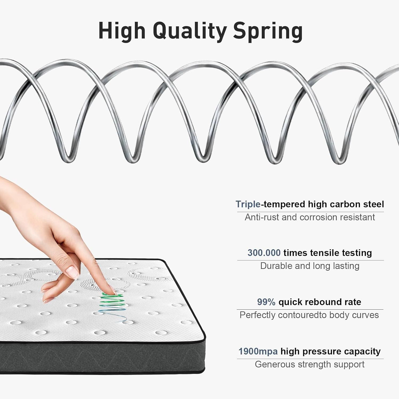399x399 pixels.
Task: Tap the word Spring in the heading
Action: (x=268, y=31)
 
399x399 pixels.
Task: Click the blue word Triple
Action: (x=248, y=204)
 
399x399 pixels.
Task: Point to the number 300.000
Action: (x=264, y=253)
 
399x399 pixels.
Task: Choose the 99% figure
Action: (x=266, y=302)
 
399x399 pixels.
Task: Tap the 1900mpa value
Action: (x=258, y=351)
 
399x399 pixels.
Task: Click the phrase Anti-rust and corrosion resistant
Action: (x=310, y=217)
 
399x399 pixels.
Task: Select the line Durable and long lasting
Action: (x=310, y=266)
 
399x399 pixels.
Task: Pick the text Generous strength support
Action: (x=310, y=364)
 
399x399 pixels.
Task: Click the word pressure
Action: (x=322, y=351)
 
